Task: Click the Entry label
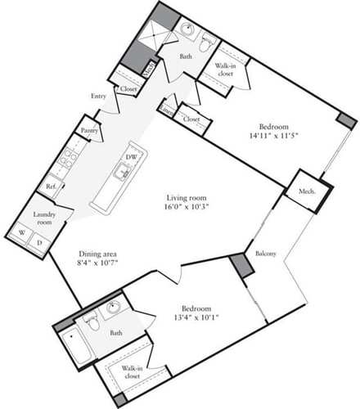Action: [99, 97]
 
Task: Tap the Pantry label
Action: [89, 129]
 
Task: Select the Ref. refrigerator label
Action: [51, 187]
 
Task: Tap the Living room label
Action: [186, 198]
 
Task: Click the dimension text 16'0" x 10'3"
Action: [186, 210]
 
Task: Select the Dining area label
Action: [101, 253]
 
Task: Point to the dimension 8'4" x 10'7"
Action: [101, 263]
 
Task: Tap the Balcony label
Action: [265, 253]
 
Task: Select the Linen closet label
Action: [167, 107]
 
